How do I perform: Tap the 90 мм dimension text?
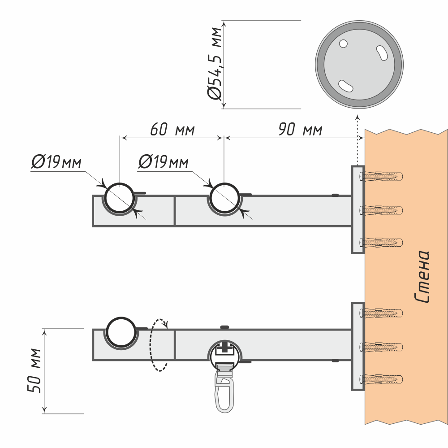pyautogui.click(x=300, y=130)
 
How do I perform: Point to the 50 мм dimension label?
pyautogui.click(x=35, y=370)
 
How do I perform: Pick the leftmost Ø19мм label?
pyautogui.click(x=56, y=162)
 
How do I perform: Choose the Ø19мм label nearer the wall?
pyautogui.click(x=163, y=162)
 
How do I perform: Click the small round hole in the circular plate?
pyautogui.click(x=344, y=43)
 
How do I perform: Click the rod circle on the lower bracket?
pyautogui.click(x=121, y=332)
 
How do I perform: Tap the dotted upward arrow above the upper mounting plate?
pyautogui.click(x=357, y=139)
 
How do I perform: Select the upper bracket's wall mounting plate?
pyautogui.click(x=358, y=209)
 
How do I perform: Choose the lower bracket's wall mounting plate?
pyautogui.click(x=358, y=346)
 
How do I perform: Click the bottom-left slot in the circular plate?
pyautogui.click(x=346, y=85)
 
